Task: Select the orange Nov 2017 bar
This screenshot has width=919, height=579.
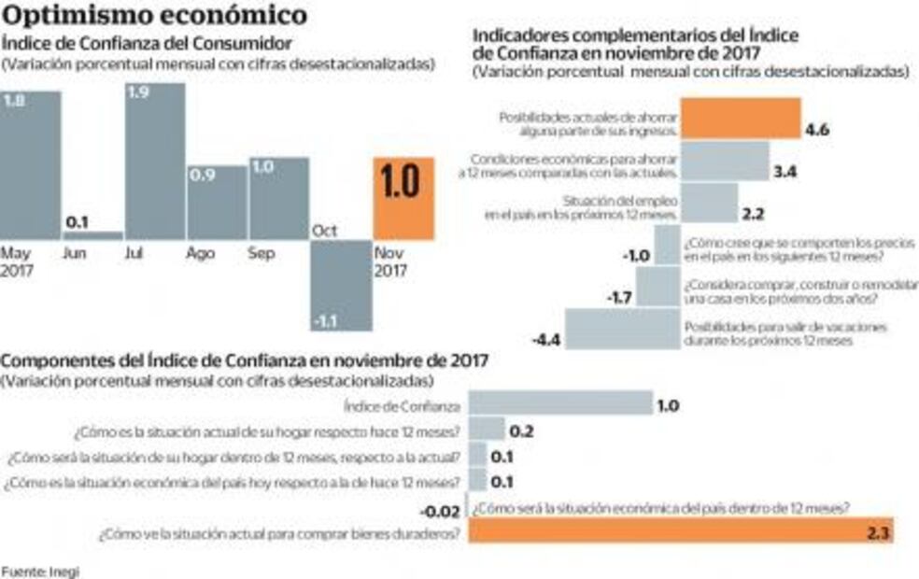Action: pyautogui.click(x=403, y=198)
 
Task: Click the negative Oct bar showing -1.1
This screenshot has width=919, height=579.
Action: pyautogui.click(x=341, y=285)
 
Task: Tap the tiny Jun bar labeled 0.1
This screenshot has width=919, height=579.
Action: pyautogui.click(x=92, y=235)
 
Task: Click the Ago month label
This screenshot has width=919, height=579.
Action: pyautogui.click(x=201, y=253)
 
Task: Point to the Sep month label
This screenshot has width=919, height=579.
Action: pyautogui.click(x=262, y=253)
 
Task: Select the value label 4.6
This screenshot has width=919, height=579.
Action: pyautogui.click(x=817, y=130)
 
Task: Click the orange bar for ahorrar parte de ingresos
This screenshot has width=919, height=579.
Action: pyautogui.click(x=741, y=118)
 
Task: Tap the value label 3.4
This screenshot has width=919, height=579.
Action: pyautogui.click(x=785, y=173)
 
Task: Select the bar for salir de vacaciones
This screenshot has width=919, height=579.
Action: pyautogui.click(x=622, y=328)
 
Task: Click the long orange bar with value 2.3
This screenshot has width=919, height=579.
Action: pyautogui.click(x=681, y=530)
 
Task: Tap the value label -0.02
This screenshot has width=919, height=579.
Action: pyautogui.click(x=440, y=511)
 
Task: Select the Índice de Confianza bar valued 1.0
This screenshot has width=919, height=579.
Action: pyautogui.click(x=559, y=403)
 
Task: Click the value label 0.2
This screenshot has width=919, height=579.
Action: pyautogui.click(x=522, y=431)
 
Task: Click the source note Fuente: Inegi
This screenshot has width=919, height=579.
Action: pyautogui.click(x=40, y=571)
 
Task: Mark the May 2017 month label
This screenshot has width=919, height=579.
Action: pyautogui.click(x=17, y=261)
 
